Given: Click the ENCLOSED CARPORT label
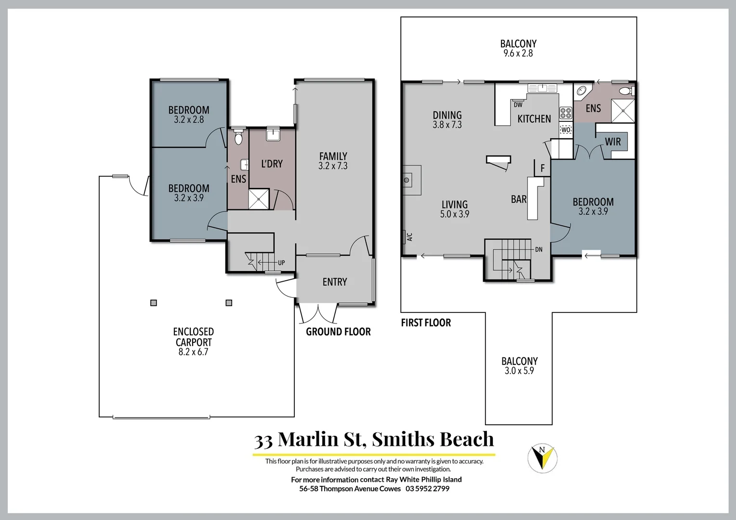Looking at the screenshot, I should tap(193, 337).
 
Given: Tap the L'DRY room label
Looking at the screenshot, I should tap(272, 164).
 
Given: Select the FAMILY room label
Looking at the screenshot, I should tap(333, 156).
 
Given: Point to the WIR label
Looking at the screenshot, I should tap(613, 142).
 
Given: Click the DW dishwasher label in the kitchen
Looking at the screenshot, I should tap(518, 105).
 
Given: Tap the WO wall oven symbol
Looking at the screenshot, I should tap(565, 130).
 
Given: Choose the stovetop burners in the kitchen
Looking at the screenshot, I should tap(565, 113).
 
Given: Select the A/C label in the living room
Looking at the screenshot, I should tap(409, 237).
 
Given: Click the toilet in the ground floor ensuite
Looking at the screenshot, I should tap(238, 138).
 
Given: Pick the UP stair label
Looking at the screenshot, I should tap(281, 263).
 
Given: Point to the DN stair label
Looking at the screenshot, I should tap(539, 249).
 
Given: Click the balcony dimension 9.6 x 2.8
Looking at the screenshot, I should tap(518, 53).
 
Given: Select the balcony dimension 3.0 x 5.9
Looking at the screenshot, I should tap(519, 371).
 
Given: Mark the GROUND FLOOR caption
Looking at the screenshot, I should tap(338, 332).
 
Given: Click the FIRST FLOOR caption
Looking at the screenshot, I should tap(426, 323).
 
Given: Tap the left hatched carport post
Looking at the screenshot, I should tap(153, 303).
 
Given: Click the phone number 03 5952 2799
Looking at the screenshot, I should tap(427, 489).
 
